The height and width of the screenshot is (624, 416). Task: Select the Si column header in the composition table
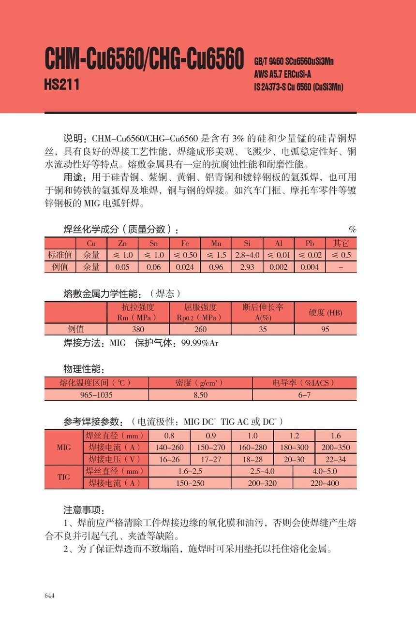pos(247,243)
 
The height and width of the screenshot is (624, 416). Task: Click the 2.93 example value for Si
pos(247,267)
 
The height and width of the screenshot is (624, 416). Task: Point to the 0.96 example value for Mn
pos(216,267)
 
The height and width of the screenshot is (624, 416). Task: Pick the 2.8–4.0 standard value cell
pos(247,255)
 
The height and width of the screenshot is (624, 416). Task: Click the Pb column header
pos(310,243)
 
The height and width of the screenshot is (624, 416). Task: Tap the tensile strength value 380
pos(138,329)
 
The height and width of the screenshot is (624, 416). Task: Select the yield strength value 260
pos(200,329)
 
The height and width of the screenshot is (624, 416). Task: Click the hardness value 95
pos(325,329)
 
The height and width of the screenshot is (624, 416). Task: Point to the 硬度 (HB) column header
pos(325,312)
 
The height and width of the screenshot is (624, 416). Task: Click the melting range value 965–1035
pos(96,395)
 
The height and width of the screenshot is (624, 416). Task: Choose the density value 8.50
pos(200,395)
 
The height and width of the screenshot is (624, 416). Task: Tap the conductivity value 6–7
pos(304,395)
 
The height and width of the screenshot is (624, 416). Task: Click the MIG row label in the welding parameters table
pos(63,447)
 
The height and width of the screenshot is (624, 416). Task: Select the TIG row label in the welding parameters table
pos(63,477)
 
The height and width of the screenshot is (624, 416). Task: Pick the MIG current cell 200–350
pos(336,447)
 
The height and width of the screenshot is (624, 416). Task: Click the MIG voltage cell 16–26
pos(169,459)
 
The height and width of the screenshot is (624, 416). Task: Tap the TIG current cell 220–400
pos(325,483)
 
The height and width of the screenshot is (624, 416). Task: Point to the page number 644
pos(49,595)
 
